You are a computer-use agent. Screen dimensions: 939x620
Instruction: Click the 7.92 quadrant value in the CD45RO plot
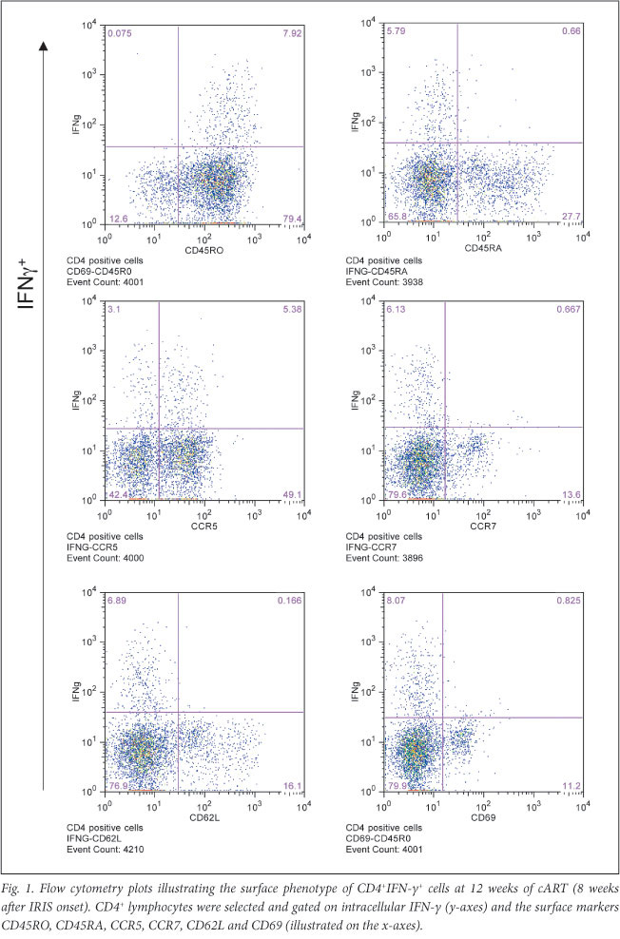pos(292,34)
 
